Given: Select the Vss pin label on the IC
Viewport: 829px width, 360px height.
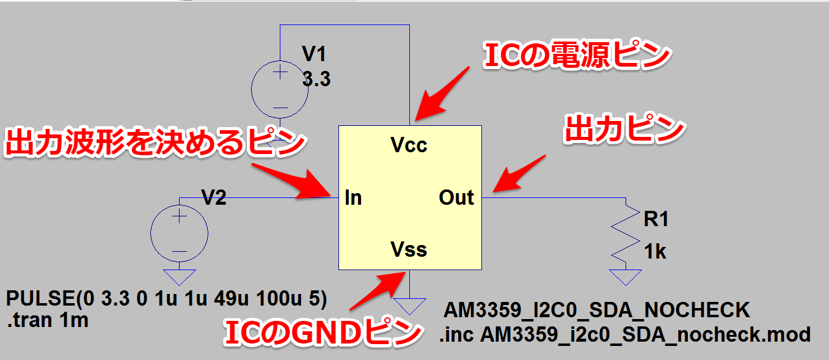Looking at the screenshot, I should click(409, 249).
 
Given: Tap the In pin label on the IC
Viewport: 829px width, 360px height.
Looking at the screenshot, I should click(353, 197).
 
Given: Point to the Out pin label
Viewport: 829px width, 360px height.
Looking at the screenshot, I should click(456, 197).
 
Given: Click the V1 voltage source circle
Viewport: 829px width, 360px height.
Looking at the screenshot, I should click(280, 90).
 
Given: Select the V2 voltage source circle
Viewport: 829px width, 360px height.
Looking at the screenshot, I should click(179, 233).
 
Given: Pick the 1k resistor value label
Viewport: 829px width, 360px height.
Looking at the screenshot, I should click(655, 251).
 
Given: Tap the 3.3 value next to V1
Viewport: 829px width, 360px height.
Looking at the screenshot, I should click(316, 79).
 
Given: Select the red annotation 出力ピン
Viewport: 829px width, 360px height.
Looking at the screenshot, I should click(623, 129).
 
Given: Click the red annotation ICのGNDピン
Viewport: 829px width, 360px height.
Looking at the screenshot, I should click(323, 334).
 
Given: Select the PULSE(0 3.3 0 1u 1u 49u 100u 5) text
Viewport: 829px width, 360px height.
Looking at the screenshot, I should click(167, 300).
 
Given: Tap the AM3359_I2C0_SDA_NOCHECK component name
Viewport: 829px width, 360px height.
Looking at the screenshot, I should click(596, 310).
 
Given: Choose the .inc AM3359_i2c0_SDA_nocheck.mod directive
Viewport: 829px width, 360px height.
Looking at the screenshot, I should click(624, 334).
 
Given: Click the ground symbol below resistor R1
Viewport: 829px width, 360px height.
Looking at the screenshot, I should click(625, 277).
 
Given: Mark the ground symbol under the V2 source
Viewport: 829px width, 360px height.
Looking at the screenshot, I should click(179, 277).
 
